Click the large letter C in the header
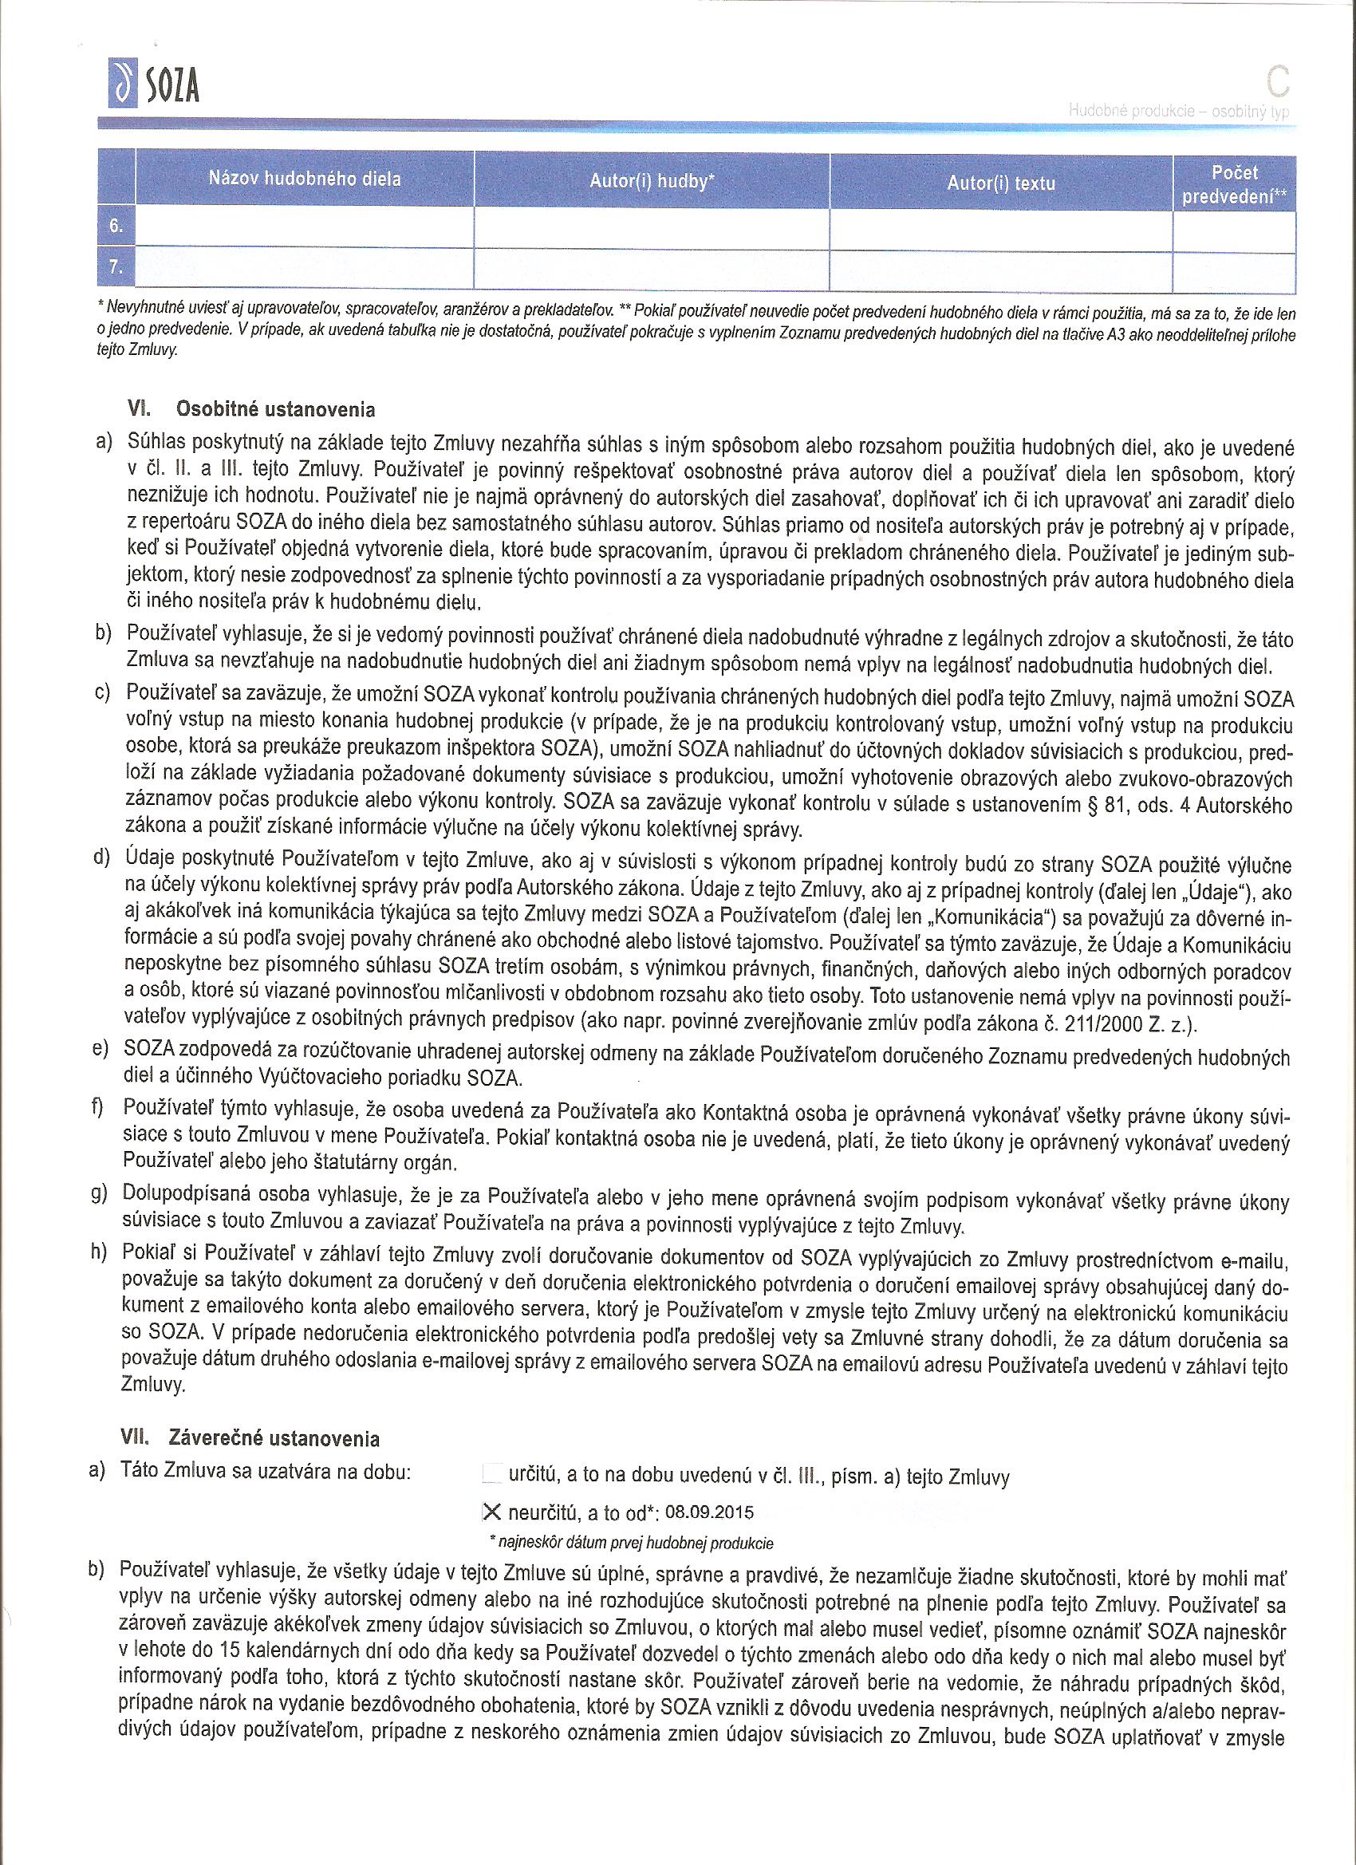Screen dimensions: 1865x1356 (1277, 82)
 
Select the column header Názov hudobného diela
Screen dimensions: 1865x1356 (304, 179)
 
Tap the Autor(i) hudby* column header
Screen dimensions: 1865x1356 (651, 182)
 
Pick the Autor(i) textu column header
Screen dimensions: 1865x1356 (1000, 183)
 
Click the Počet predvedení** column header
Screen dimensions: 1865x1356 (1233, 184)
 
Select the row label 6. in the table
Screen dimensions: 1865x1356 (116, 226)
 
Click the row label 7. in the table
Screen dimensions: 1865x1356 (116, 267)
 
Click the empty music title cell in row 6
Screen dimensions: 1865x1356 (304, 227)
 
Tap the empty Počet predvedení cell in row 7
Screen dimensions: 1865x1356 (1233, 270)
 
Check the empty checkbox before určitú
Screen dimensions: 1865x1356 (491, 1473)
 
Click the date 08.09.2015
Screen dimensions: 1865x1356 (709, 1512)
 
